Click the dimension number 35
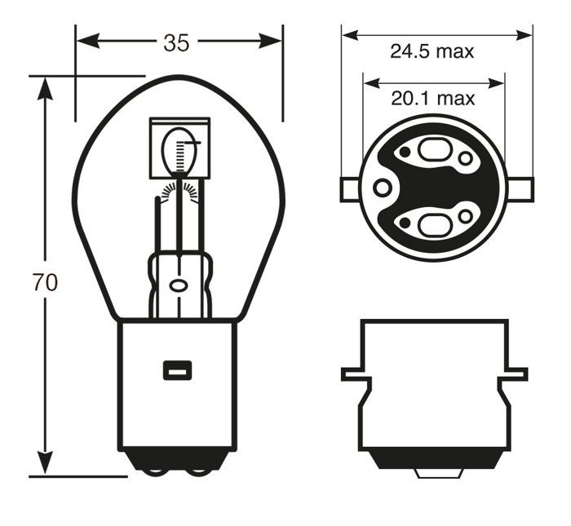(x=175, y=42)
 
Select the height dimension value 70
(x=45, y=283)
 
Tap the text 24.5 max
(x=432, y=52)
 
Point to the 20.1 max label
(x=432, y=99)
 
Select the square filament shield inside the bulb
(x=179, y=148)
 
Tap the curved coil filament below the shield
(x=179, y=190)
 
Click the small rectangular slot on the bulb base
(x=176, y=369)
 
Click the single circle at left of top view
(x=381, y=188)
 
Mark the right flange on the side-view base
(x=516, y=374)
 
